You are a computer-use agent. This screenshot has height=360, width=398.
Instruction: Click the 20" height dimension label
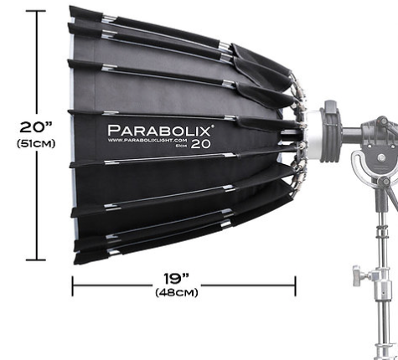[36, 127]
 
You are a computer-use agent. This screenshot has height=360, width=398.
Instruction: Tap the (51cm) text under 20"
[36, 143]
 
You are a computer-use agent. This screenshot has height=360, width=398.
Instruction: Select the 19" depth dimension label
[176, 278]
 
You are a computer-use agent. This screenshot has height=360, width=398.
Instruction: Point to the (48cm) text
[177, 292]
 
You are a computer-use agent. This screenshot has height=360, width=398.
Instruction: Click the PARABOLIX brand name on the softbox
[159, 131]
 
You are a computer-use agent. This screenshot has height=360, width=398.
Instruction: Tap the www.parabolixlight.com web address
[147, 140]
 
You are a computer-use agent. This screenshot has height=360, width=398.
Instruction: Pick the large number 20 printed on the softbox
[201, 144]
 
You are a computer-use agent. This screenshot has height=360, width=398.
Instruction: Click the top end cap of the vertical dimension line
[36, 11]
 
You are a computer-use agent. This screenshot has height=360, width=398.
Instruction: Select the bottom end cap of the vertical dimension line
[36, 260]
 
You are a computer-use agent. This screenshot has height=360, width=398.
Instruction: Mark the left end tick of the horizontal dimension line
[73, 286]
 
